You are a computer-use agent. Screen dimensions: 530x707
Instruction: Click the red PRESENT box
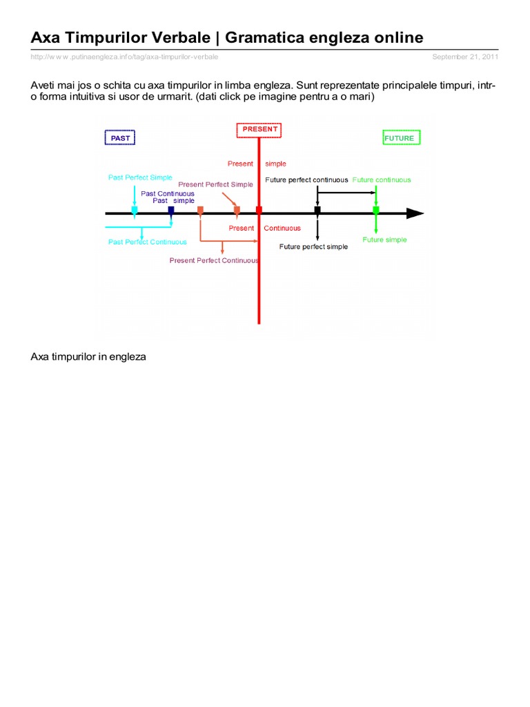coord(259,129)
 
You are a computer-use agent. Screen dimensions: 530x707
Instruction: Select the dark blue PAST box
coord(120,138)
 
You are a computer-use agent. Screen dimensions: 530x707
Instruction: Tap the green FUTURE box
coord(400,138)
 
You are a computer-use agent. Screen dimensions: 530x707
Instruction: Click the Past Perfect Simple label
coord(140,177)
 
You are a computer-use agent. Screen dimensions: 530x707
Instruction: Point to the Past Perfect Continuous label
coord(147,242)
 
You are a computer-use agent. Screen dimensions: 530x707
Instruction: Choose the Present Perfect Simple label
coord(215,184)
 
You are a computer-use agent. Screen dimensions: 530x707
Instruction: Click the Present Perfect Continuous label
coord(214,260)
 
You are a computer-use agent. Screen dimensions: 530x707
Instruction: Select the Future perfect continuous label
coord(306,180)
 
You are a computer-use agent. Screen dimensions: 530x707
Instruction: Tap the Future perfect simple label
coord(313,246)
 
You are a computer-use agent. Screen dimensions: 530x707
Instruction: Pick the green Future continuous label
coord(382,180)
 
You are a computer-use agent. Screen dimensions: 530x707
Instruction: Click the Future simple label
coord(384,240)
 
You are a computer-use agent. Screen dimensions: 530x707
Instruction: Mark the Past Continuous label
coord(168,193)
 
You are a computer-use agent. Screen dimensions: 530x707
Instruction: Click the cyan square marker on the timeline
coord(135,210)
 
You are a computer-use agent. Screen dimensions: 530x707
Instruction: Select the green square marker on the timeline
coord(376,210)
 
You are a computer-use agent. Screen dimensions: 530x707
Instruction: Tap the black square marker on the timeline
coord(317,210)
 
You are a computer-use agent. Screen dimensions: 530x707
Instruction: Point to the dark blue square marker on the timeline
coord(171,210)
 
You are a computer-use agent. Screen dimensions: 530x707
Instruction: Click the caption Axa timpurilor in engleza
coord(88,357)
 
